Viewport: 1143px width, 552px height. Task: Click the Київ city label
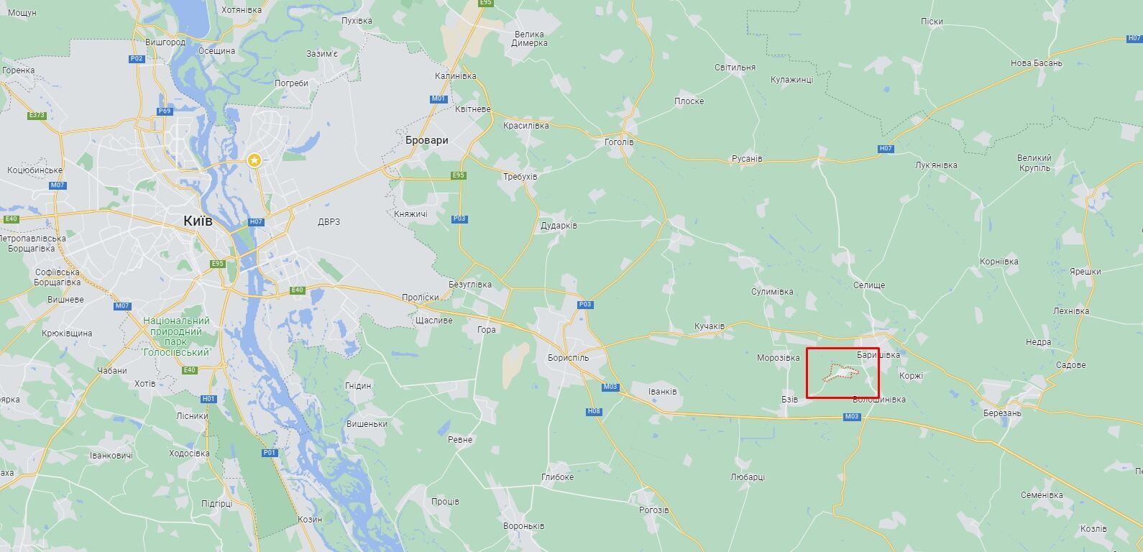tap(198, 221)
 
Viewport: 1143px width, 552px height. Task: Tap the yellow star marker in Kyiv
tap(254, 160)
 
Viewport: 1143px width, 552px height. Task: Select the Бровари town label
tap(426, 140)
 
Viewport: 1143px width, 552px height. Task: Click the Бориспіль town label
tap(568, 357)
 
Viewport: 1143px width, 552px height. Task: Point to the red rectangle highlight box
tap(843, 373)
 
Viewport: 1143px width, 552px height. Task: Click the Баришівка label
tap(878, 355)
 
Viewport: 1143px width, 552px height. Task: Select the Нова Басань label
tap(1036, 63)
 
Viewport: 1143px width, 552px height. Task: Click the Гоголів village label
tap(619, 142)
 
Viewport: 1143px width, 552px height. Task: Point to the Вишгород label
tap(165, 42)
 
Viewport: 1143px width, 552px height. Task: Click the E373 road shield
tap(37, 115)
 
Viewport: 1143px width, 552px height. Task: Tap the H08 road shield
tap(594, 411)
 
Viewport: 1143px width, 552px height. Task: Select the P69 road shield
tap(165, 111)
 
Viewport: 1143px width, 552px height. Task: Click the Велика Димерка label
tap(529, 38)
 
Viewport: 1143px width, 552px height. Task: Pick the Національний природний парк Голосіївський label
tap(176, 336)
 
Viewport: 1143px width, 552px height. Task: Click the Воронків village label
tap(524, 526)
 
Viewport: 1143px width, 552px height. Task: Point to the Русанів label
tap(747, 158)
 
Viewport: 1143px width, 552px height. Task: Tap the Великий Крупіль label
tap(1034, 163)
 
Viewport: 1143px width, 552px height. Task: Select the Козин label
tap(309, 519)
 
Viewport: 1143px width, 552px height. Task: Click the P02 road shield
tap(137, 59)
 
